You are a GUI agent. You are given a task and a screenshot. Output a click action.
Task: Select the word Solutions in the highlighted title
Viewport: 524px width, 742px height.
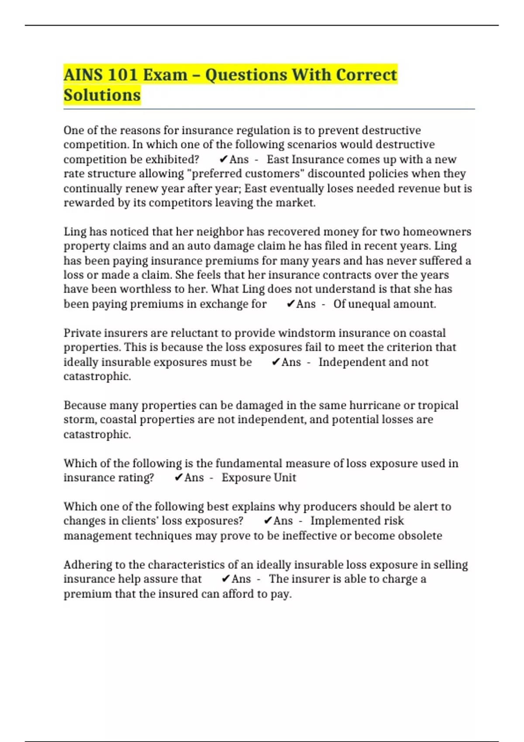click(102, 95)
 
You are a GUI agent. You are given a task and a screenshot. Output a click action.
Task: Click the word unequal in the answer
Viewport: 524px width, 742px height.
click(370, 304)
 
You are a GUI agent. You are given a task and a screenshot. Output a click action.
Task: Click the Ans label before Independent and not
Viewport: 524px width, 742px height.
click(291, 362)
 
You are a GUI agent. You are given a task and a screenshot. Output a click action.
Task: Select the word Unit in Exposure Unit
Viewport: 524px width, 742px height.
click(285, 477)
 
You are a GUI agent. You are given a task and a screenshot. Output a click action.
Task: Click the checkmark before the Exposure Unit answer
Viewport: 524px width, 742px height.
click(178, 477)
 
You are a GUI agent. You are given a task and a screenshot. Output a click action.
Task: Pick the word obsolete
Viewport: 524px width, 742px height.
click(420, 536)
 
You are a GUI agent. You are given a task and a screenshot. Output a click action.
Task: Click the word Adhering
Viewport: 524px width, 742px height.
click(87, 565)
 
